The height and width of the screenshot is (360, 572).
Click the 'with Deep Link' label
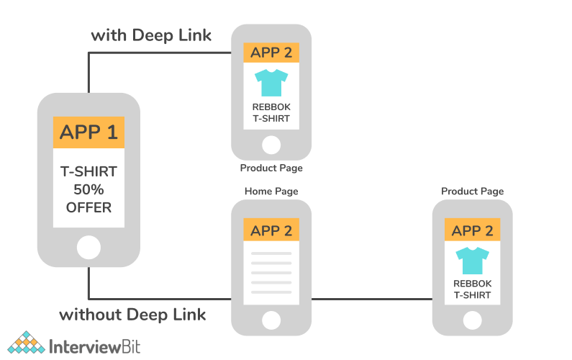[150, 35]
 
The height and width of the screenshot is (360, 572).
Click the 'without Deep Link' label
[132, 315]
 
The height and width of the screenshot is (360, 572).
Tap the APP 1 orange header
[88, 132]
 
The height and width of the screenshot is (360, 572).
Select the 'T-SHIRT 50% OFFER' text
[88, 189]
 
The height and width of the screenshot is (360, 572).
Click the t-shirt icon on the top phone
[271, 83]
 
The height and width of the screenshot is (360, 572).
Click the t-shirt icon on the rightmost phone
[472, 260]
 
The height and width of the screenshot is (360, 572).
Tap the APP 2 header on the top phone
[271, 53]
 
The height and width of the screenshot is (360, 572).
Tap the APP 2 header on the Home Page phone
[271, 230]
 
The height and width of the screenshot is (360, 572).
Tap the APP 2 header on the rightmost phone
[472, 230]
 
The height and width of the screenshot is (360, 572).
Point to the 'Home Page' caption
[271, 192]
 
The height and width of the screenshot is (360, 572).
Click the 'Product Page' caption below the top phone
[271, 168]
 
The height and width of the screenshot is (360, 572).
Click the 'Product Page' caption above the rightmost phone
[472, 192]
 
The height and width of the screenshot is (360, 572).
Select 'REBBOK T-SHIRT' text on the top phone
[271, 113]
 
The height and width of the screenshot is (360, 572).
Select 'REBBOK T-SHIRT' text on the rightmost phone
[472, 289]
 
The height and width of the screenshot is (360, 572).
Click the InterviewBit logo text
[94, 346]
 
